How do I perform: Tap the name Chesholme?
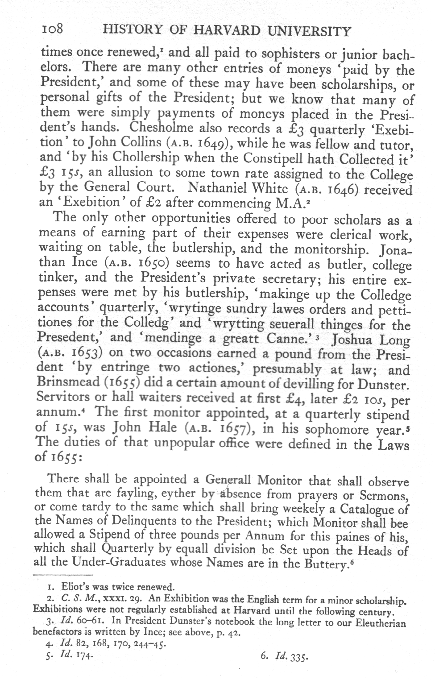coord(161,128)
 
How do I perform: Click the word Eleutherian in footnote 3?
coord(381,622)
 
